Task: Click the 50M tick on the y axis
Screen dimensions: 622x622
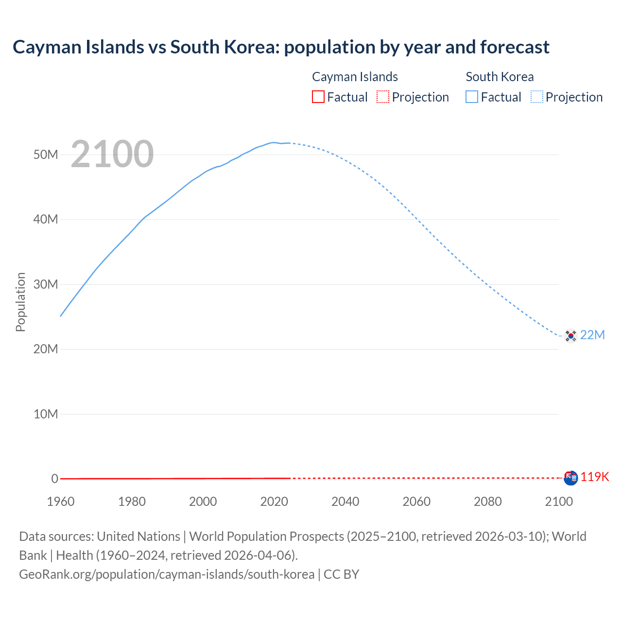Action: tap(46, 155)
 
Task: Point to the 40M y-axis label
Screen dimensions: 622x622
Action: tap(46, 220)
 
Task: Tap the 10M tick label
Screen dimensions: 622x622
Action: tap(46, 414)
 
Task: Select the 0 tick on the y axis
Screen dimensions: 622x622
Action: tap(54, 479)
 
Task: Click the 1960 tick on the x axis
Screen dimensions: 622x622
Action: tap(61, 501)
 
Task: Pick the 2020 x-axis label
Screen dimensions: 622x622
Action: tap(274, 501)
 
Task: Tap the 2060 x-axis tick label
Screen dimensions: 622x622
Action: tap(416, 501)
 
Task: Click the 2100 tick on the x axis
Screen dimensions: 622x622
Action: tap(559, 501)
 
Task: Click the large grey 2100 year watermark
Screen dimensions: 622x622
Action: tap(112, 154)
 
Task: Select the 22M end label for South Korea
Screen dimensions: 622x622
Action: tap(592, 335)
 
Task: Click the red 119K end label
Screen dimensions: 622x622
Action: tap(594, 477)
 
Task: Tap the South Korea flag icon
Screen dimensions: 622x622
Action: tap(570, 335)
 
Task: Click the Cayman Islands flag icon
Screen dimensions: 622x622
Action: tap(570, 478)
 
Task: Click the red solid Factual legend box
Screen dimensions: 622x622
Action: tap(318, 97)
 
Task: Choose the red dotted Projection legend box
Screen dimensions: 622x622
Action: tap(383, 97)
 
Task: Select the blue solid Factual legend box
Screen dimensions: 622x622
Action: tap(472, 97)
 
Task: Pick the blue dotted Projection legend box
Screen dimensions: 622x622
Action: tap(537, 97)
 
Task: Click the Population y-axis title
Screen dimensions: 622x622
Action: tap(20, 302)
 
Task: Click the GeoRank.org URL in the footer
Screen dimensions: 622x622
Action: tap(167, 574)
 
